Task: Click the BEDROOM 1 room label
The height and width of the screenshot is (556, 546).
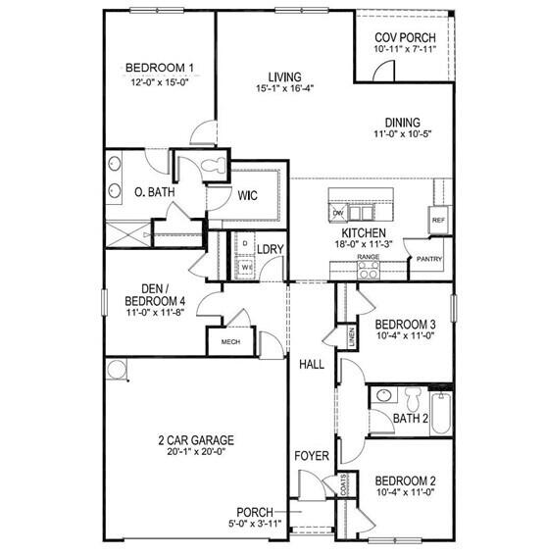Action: pyautogui.click(x=160, y=68)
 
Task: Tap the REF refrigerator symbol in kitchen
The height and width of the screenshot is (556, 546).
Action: pyautogui.click(x=438, y=222)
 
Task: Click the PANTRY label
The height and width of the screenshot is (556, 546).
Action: pyautogui.click(x=429, y=260)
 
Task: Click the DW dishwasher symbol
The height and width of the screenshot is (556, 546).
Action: pyautogui.click(x=338, y=212)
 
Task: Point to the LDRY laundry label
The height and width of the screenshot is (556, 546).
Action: pyautogui.click(x=271, y=249)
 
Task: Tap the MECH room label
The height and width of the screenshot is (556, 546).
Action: pyautogui.click(x=230, y=342)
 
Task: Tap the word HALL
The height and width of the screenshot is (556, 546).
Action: pyautogui.click(x=312, y=364)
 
